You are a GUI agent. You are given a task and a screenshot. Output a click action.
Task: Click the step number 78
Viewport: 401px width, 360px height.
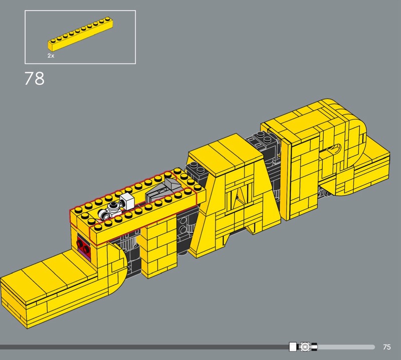tap(35, 78)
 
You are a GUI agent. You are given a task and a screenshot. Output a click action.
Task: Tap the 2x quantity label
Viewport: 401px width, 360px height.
tap(51, 56)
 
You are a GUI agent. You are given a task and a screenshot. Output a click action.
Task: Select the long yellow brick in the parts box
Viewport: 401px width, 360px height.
tap(81, 34)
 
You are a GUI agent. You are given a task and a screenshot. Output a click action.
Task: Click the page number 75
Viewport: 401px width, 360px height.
tap(387, 346)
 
